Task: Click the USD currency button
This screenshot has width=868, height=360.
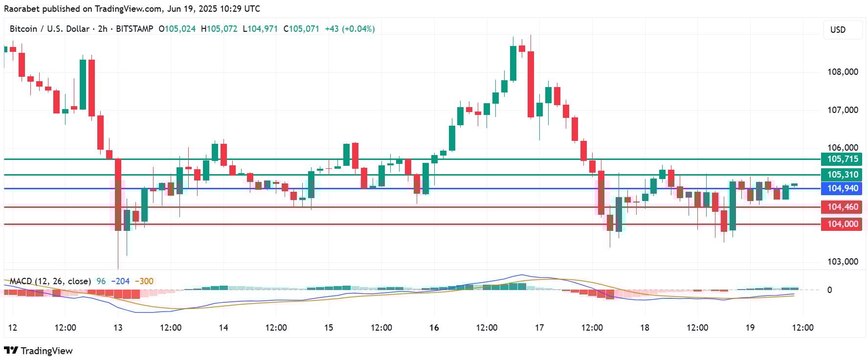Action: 838,30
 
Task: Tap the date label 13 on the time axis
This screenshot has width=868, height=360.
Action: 118,328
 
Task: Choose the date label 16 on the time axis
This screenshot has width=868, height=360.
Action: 434,328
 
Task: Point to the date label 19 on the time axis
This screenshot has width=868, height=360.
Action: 750,328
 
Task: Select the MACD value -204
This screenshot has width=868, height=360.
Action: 120,281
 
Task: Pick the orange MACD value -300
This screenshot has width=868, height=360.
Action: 144,281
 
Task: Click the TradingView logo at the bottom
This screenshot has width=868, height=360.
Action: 39,351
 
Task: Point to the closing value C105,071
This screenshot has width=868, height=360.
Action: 301,29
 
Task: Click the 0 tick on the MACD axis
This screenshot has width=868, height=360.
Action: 829,290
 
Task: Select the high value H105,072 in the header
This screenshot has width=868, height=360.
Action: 219,29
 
